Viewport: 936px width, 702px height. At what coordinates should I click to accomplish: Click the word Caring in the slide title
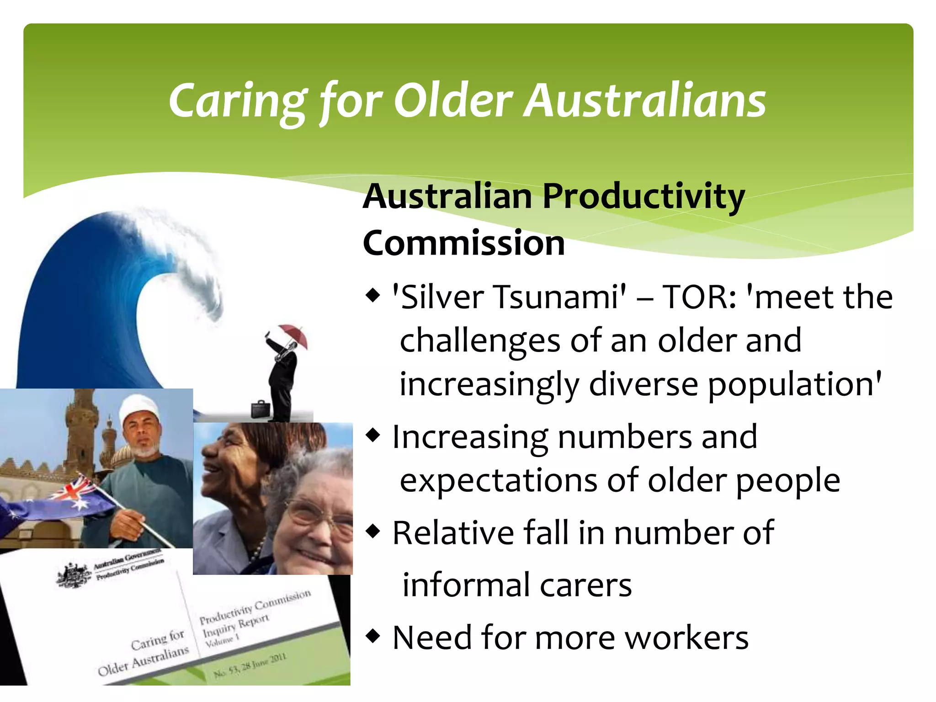pos(238,101)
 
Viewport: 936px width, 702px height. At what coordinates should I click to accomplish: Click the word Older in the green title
pos(453,101)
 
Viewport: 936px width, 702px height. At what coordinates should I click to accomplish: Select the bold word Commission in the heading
pos(463,243)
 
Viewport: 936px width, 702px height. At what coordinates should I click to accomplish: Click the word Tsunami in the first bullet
pos(560,297)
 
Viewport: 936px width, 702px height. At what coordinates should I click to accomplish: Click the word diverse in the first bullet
pos(643,384)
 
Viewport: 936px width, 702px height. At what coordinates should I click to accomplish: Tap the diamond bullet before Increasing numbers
pos(373,436)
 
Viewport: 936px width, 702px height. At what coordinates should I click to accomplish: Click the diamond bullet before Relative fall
pos(373,531)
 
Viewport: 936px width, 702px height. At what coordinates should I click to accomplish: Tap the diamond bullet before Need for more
pos(373,636)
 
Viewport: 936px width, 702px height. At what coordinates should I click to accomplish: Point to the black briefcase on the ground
pos(261,409)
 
